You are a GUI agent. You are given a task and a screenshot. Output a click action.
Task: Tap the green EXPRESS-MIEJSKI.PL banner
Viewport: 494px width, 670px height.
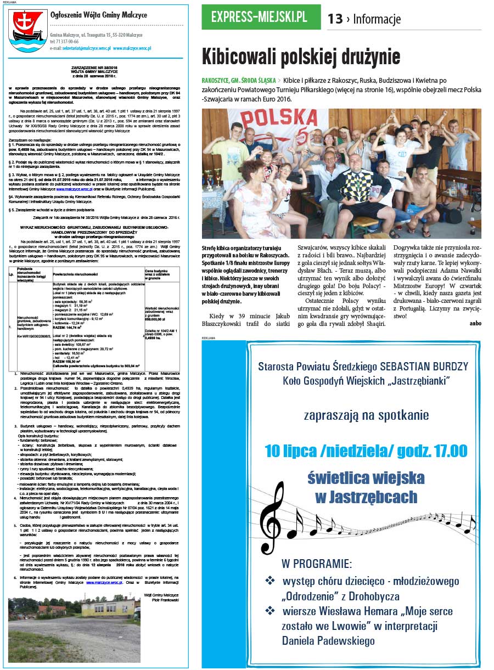pos(261,17)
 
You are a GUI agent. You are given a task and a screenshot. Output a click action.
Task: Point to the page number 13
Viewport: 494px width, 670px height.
pos(335,19)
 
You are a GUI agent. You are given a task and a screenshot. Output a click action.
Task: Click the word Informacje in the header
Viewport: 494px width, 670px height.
pos(377,20)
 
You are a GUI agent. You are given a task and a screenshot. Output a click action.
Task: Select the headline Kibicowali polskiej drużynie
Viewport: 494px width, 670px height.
pos(301,57)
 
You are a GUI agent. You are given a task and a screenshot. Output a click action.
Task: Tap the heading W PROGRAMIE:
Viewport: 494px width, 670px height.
pos(317,564)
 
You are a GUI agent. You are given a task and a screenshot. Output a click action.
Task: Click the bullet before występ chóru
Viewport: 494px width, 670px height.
pos(270,580)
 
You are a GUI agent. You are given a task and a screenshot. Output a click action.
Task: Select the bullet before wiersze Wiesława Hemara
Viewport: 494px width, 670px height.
pos(270,610)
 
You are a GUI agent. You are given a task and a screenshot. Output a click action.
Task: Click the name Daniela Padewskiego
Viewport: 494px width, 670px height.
pos(328,640)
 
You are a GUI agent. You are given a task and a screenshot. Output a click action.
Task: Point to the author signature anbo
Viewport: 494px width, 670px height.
pos(475,323)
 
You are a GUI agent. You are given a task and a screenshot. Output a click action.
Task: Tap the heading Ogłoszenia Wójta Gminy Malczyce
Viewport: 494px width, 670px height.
pos(98,15)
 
